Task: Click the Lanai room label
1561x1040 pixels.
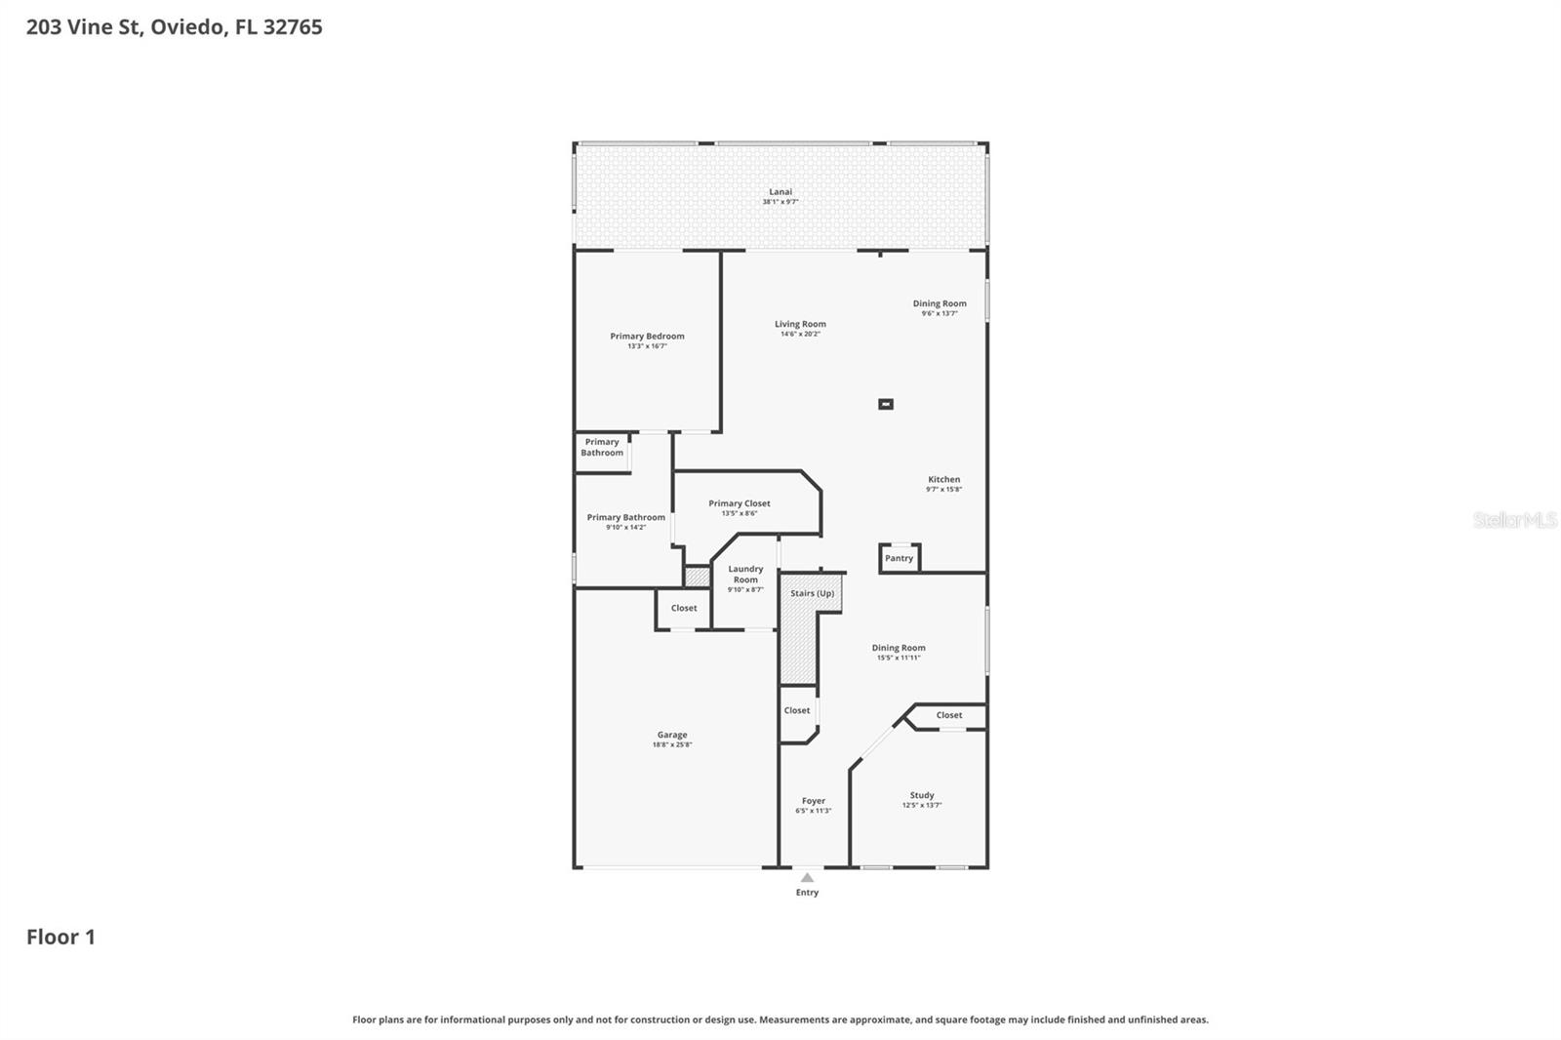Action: (780, 192)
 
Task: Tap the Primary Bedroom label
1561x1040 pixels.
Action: (647, 337)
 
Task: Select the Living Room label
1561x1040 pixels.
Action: (800, 324)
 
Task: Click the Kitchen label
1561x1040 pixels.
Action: (943, 479)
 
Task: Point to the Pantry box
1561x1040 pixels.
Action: (899, 558)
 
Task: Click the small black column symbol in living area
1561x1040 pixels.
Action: (886, 404)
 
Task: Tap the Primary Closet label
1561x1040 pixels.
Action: (740, 503)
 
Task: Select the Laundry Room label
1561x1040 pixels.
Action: (745, 574)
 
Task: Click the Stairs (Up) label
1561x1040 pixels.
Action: (812, 593)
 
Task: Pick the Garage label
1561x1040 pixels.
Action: (672, 735)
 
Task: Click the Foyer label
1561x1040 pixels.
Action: (813, 801)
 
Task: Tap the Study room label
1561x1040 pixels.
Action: (922, 795)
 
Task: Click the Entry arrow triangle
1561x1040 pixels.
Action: (807, 878)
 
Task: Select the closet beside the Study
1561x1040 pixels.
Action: (948, 715)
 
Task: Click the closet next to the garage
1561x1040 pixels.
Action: (683, 608)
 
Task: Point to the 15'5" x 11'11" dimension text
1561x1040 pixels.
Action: (899, 659)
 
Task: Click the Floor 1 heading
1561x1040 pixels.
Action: (60, 938)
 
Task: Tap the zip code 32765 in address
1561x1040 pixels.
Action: (293, 27)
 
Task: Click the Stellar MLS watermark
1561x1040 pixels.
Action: (1514, 520)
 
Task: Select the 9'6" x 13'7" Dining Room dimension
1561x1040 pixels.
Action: (940, 314)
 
